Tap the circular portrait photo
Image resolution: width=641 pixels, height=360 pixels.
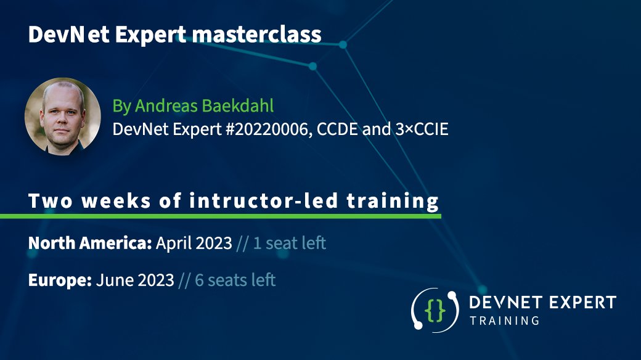pyautogui.click(x=62, y=116)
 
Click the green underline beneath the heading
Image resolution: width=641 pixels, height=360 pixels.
pyautogui.click(x=221, y=216)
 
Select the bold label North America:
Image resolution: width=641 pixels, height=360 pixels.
pyautogui.click(x=90, y=243)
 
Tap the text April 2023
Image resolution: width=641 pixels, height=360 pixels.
pyautogui.click(x=194, y=243)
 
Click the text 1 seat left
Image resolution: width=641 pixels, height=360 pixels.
pyautogui.click(x=289, y=243)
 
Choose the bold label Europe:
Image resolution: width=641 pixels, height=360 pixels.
pyautogui.click(x=60, y=280)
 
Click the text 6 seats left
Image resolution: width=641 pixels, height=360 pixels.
pyautogui.click(x=235, y=280)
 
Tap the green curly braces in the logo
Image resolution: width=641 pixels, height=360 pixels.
pyautogui.click(x=435, y=311)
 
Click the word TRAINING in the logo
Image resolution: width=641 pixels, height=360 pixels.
pyautogui.click(x=504, y=321)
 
